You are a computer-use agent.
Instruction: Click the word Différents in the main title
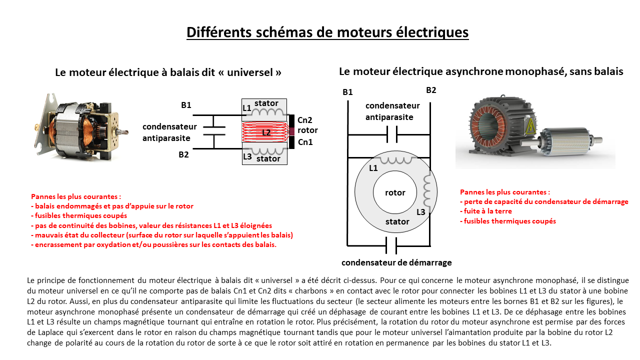point(219,32)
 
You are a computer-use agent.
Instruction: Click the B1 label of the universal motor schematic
point(186,105)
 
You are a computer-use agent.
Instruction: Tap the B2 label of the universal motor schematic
point(183,154)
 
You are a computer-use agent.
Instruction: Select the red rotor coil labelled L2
point(265,132)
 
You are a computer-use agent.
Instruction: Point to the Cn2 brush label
point(304,120)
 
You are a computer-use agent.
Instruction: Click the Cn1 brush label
point(305,142)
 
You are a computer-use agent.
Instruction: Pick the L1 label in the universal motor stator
point(246,108)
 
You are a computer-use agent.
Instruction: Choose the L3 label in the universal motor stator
point(247,156)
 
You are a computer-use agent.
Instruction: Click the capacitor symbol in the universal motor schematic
point(214,130)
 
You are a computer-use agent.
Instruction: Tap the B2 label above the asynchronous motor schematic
point(431,90)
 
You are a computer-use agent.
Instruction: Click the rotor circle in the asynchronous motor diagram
point(395,192)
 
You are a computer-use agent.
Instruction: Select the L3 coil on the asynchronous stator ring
point(426,189)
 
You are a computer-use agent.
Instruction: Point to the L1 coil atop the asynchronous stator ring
point(396,159)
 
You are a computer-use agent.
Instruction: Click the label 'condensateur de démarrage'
point(396,262)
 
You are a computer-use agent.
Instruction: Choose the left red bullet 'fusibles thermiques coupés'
point(79,215)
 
